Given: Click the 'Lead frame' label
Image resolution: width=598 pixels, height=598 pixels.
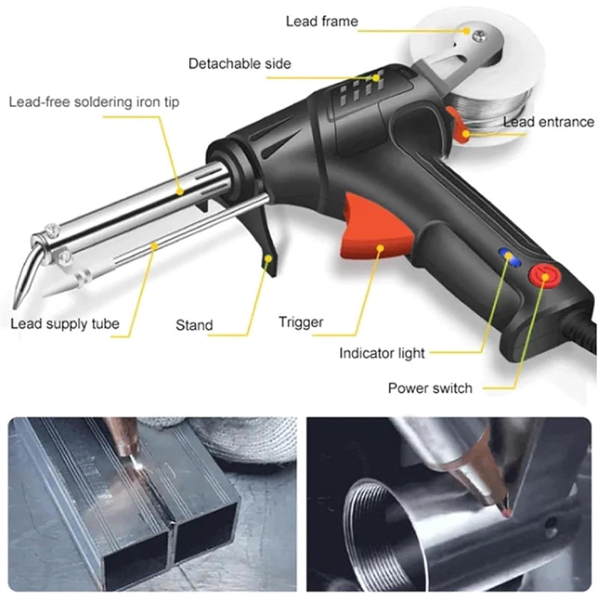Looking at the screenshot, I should pyautogui.click(x=321, y=21).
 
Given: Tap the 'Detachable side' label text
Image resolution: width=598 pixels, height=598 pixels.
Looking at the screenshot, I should pyautogui.click(x=239, y=64).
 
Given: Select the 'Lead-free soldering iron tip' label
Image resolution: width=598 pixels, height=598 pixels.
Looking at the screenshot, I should pyautogui.click(x=94, y=101).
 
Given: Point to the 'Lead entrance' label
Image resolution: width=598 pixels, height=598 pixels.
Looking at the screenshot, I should pyautogui.click(x=548, y=122).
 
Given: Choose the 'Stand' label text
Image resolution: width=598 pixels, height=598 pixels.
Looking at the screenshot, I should pyautogui.click(x=194, y=325).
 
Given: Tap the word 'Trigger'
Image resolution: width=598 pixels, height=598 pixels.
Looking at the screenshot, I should pyautogui.click(x=300, y=322).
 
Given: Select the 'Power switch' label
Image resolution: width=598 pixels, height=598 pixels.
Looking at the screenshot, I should pyautogui.click(x=430, y=388).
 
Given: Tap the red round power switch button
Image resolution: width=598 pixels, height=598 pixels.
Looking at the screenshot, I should pyautogui.click(x=543, y=276).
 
